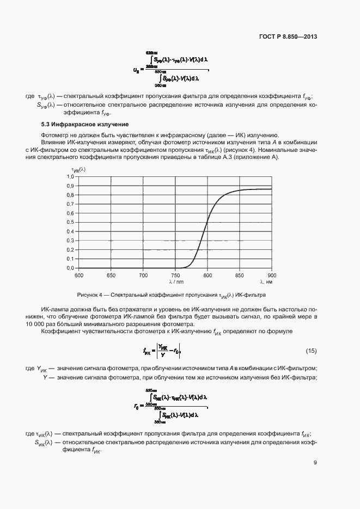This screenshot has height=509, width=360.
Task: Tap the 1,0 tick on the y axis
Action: click(x=70, y=176)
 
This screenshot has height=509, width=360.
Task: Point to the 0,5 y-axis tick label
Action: click(x=70, y=222)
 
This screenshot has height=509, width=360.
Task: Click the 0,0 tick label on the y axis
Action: click(x=70, y=268)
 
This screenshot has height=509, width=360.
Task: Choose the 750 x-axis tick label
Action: click(x=175, y=275)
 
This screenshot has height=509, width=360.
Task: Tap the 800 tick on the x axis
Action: click(x=208, y=275)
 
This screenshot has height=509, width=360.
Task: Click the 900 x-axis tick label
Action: click(x=272, y=275)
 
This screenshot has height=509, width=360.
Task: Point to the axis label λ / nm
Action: click(x=176, y=281)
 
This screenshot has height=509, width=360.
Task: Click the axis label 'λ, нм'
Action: click(x=266, y=281)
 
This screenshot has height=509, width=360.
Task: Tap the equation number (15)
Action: click(x=311, y=349)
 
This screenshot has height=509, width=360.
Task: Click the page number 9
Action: click(x=315, y=463)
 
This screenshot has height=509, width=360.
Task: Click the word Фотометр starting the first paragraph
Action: click(x=54, y=135)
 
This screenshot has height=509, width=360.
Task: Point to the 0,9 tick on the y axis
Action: click(x=70, y=186)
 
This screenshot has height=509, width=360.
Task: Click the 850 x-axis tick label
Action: click(x=240, y=275)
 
